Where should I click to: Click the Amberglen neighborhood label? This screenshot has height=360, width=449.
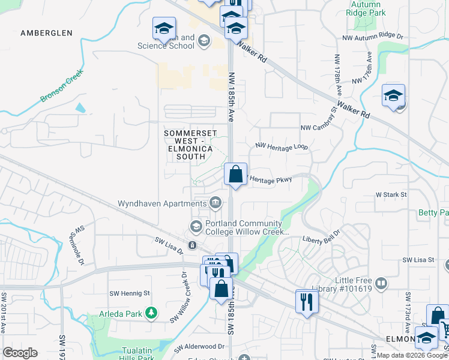(x=46, y=33)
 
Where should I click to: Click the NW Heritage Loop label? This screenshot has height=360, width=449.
(x=282, y=146)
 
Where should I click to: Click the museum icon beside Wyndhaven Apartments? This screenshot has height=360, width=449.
(x=214, y=203)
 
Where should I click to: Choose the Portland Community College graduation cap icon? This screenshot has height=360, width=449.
(x=196, y=226)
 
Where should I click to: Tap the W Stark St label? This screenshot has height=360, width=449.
(x=391, y=194)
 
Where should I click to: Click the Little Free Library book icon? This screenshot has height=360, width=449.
(x=381, y=283)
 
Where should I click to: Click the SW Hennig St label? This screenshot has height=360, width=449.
(x=129, y=293)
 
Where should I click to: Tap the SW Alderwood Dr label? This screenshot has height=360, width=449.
(x=199, y=347)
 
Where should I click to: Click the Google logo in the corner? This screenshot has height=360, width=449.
(x=20, y=353)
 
